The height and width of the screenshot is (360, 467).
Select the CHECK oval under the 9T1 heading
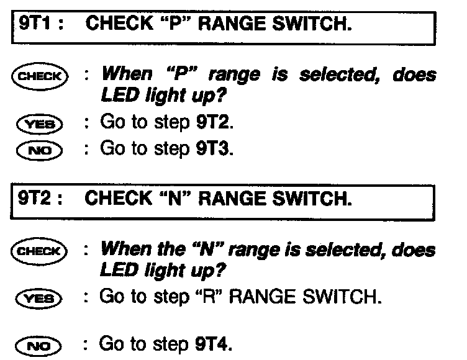click(x=41, y=76)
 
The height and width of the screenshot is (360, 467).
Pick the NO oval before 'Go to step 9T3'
click(x=41, y=150)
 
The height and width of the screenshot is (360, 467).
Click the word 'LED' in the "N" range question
click(x=118, y=271)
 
